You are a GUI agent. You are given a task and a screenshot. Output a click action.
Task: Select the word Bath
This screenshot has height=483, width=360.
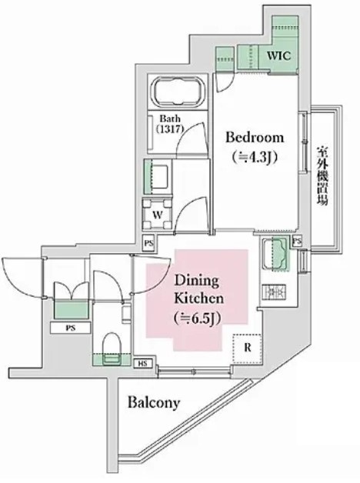(x=171, y=119)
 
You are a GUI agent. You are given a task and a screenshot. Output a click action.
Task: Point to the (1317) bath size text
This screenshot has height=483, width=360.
(x=171, y=131)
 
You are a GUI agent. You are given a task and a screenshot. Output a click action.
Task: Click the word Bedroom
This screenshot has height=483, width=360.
(x=254, y=138)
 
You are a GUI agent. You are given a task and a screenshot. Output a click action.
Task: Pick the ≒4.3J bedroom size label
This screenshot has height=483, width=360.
(x=254, y=156)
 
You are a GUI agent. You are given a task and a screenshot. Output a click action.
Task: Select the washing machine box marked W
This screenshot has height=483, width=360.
(x=158, y=214)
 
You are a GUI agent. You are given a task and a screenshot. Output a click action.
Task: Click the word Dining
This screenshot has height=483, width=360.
(x=192, y=281)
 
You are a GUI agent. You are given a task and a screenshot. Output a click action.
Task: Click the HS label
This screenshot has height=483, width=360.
(x=142, y=362)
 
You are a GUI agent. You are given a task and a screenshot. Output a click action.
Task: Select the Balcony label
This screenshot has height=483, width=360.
(x=154, y=402)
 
